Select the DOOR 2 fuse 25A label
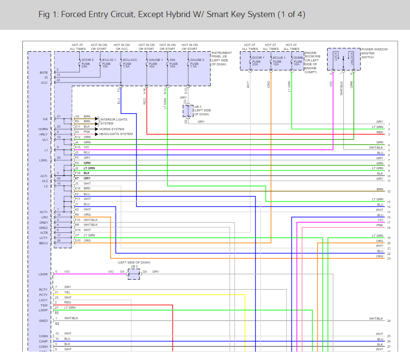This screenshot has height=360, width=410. click(87, 63)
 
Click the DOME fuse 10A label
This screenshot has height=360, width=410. click(298, 61)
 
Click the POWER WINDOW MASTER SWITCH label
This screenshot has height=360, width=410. click(374, 53)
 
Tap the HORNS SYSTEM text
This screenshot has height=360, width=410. click(112, 129)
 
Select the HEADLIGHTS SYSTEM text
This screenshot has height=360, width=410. click(115, 134)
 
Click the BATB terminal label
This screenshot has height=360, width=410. click(43, 72)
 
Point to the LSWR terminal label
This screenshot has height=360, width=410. click(43, 274)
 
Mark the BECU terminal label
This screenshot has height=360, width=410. click(43, 243)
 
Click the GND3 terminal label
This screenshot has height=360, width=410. click(43, 321)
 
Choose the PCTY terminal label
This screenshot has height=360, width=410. click(43, 295)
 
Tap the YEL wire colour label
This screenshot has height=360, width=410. click(67, 292)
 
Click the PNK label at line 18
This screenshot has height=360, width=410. click(379, 225)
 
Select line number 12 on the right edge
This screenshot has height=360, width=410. click(389, 192)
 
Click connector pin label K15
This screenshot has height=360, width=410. click(78, 147)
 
